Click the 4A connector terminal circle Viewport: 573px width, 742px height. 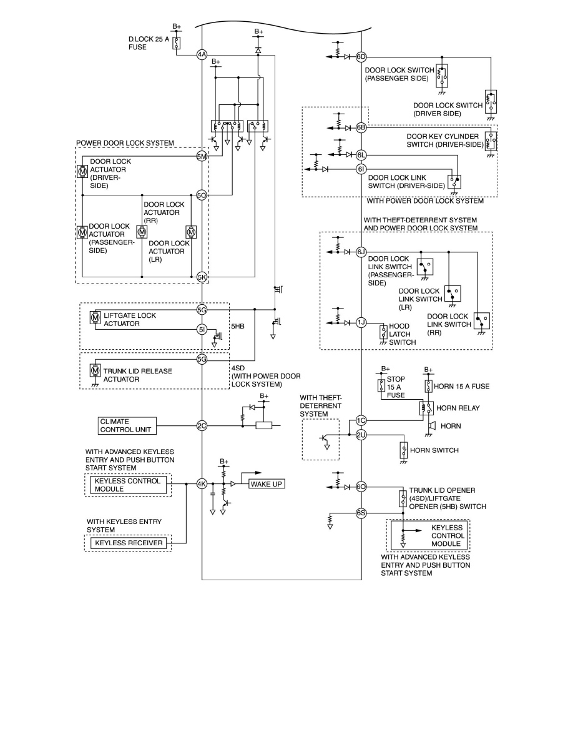(202, 54)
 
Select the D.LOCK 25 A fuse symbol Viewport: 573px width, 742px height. (177, 42)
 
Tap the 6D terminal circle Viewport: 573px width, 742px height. (361, 57)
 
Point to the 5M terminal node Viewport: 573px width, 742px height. (202, 156)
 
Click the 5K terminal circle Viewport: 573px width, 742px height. (202, 276)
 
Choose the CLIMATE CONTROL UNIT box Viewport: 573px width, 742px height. (127, 426)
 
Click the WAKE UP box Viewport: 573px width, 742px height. (266, 483)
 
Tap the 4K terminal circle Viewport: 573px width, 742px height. (202, 483)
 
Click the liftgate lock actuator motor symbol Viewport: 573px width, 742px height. (95, 319)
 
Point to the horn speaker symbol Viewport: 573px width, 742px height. (431, 426)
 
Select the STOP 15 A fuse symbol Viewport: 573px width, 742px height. (381, 385)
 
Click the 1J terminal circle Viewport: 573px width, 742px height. (361, 322)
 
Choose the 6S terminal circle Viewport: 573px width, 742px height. (361, 513)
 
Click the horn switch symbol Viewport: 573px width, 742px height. (404, 450)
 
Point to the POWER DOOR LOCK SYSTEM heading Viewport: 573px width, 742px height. (125, 142)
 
